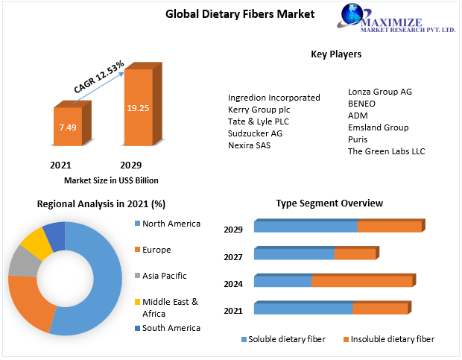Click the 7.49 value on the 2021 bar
(68, 127)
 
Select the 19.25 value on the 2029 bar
(138, 108)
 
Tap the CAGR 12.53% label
(98, 77)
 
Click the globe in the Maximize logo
(352, 14)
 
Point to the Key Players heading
(336, 54)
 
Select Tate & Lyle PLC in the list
(259, 121)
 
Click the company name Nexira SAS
(250, 145)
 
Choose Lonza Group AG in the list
(380, 92)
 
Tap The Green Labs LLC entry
(386, 151)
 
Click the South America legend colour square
(137, 328)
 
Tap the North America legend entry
(168, 224)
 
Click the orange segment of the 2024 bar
(362, 281)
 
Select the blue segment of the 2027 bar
(294, 254)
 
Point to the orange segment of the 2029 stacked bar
(390, 227)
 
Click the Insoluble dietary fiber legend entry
(389, 339)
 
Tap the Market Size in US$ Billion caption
(111, 180)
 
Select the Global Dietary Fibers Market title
(240, 14)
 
